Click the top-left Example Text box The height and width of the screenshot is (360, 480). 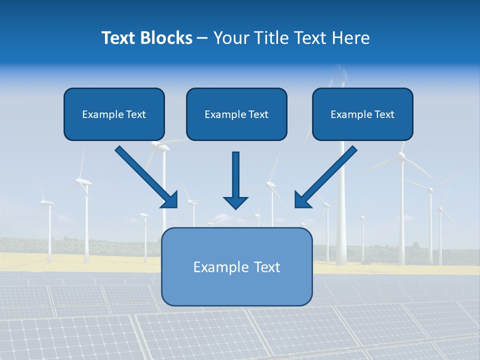(x=114, y=114)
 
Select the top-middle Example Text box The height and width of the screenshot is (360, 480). (x=236, y=114)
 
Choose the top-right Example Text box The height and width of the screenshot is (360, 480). (x=362, y=114)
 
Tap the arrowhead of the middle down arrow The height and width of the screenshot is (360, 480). (x=235, y=202)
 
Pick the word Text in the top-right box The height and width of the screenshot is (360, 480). (x=384, y=114)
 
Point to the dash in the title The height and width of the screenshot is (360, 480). (x=202, y=38)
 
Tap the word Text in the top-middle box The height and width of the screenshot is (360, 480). (x=258, y=114)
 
